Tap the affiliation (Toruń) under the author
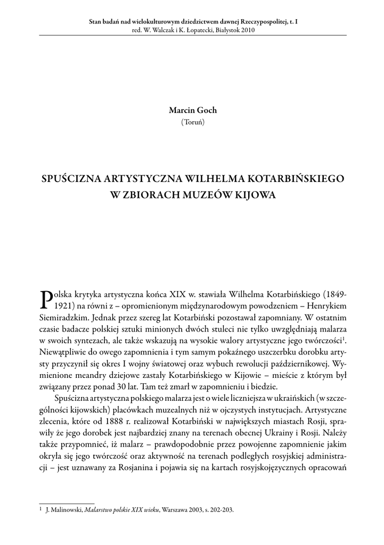tap(192, 121)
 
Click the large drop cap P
tap(46, 299)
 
